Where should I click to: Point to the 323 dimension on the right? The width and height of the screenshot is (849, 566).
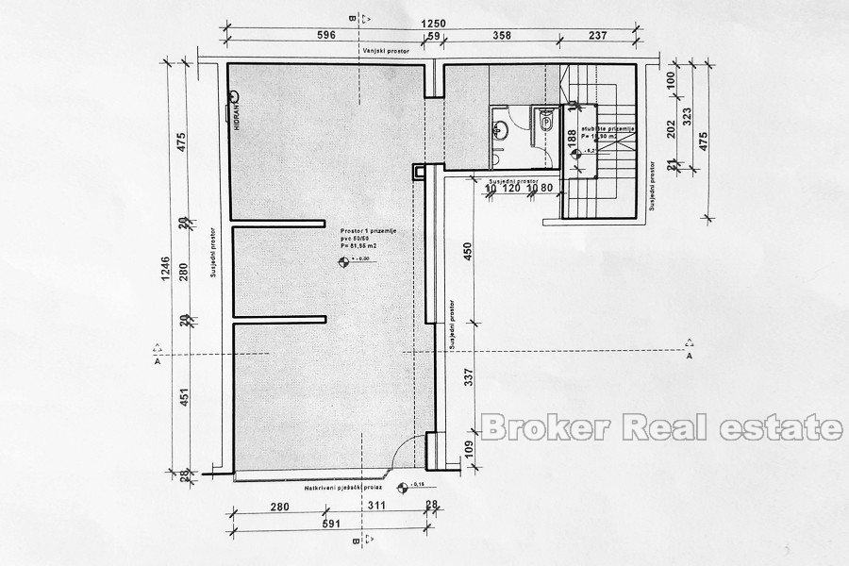pos(688,117)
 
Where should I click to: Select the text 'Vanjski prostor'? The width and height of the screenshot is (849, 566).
pos(380,54)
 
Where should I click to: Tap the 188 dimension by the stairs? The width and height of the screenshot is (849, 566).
pos(572,138)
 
